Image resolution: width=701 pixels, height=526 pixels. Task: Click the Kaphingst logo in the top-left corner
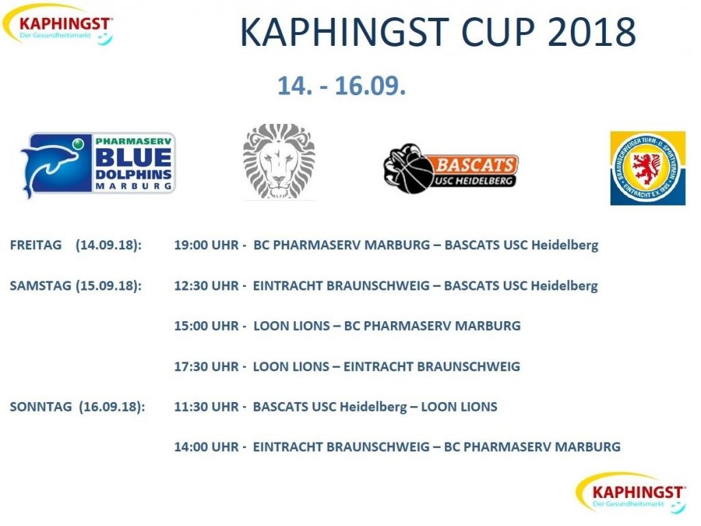coord(58,25)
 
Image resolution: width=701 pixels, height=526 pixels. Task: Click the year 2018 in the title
coord(591,32)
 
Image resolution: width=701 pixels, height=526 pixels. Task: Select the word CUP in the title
coord(497,32)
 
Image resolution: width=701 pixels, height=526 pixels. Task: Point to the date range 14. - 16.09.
coord(342,86)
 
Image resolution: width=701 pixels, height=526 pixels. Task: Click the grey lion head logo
coord(279,162)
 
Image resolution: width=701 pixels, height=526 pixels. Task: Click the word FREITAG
coord(36,245)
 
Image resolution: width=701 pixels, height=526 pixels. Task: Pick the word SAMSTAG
coord(40,286)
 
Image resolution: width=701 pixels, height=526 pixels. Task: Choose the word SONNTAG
coord(40,407)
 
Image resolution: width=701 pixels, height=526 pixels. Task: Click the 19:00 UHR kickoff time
coord(207,245)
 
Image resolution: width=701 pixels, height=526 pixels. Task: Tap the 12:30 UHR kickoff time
coord(207,286)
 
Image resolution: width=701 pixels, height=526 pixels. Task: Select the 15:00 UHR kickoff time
coord(207,325)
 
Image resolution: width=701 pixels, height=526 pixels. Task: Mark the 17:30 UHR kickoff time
coord(207,366)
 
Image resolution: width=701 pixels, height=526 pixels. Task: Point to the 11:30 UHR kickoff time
coord(207,407)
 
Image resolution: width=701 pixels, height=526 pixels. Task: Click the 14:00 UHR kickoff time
coord(207,447)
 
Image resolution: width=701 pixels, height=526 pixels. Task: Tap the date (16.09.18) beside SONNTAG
coord(112,407)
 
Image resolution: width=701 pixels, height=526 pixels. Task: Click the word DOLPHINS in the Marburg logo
coord(133,174)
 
